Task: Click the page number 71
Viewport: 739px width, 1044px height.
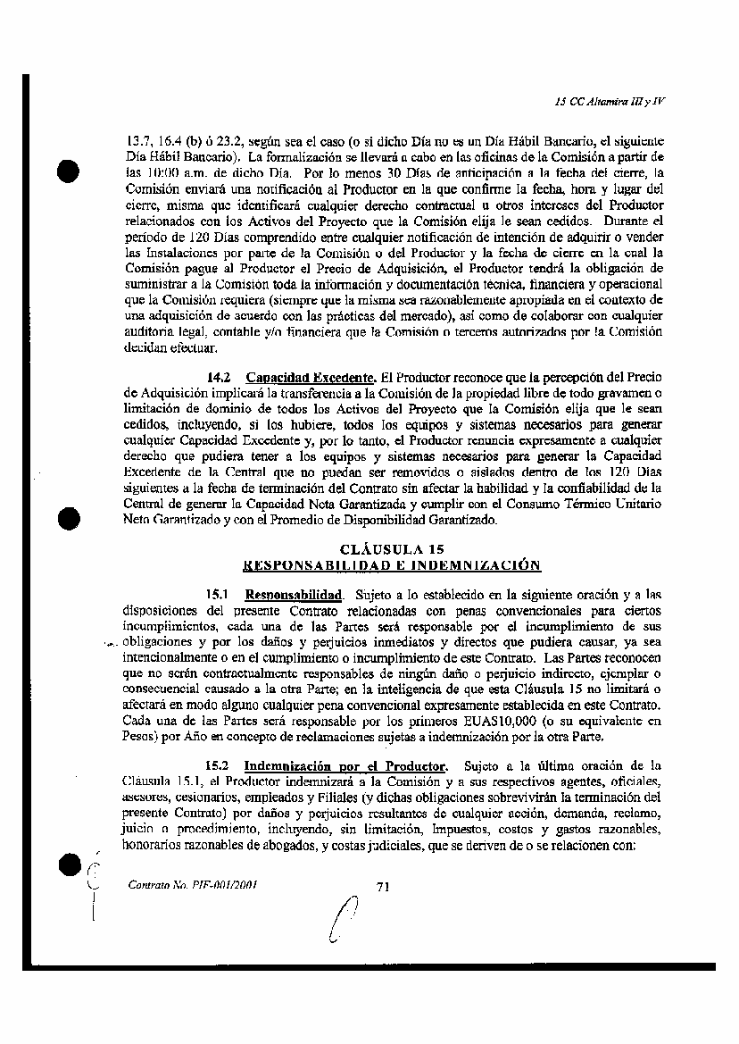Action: pos(385,886)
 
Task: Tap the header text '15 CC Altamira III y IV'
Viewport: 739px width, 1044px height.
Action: pos(610,101)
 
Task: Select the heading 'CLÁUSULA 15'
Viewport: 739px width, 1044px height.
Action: pos(392,549)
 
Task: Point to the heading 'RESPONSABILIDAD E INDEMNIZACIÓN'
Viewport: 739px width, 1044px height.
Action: pos(392,565)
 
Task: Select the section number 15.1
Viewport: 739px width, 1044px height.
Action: pos(219,594)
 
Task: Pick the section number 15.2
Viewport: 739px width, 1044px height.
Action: pos(219,765)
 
